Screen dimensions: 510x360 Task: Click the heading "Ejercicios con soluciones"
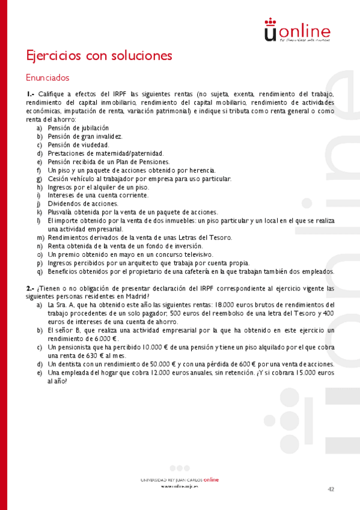click(99, 56)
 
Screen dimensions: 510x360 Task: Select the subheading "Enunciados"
click(47, 78)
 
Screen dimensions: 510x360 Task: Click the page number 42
click(331, 490)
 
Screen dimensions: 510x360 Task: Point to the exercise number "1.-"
click(31, 94)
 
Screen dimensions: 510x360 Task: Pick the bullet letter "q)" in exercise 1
click(40, 271)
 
